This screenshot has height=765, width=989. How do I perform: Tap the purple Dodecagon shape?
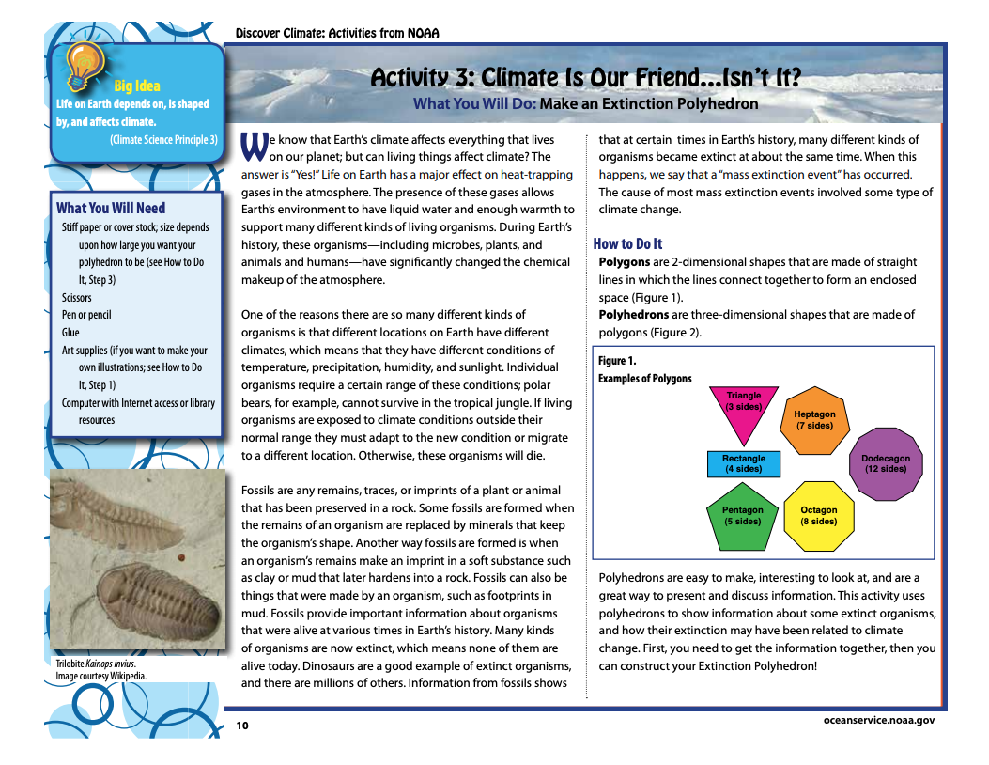tap(886, 463)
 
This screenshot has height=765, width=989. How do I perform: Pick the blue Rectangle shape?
tap(743, 463)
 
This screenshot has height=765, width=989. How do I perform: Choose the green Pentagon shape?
tap(742, 516)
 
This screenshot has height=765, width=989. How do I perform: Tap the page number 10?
tap(242, 726)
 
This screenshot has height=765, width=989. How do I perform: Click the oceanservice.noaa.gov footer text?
tap(878, 720)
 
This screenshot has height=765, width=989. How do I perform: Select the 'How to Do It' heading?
tap(627, 244)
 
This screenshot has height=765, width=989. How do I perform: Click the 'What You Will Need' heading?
tap(111, 209)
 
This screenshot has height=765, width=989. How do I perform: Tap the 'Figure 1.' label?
tap(617, 361)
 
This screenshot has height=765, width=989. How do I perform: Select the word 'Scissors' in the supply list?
tap(77, 298)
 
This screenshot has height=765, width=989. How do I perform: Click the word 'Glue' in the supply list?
tap(70, 333)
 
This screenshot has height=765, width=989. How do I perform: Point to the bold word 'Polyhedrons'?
tap(634, 315)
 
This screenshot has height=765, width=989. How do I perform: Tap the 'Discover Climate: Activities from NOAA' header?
tap(337, 34)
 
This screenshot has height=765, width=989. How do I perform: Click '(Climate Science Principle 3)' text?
tap(163, 140)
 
